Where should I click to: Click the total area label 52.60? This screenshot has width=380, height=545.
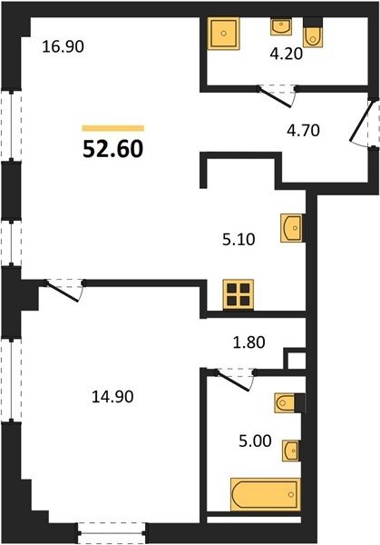pos(113,150)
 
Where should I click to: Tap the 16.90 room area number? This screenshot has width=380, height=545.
pos(63,46)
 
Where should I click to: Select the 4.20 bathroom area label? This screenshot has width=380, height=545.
pos(287,54)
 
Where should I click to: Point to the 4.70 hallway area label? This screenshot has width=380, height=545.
pos(303,131)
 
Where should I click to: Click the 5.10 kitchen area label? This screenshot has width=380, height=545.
pos(239,240)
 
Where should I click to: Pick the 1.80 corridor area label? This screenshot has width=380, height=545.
pos(248,342)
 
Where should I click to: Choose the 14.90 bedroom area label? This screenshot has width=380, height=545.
pos(112,397)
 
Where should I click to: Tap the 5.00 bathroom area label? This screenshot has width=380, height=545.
pos(255,441)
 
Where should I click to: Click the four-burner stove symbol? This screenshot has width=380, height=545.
pos(239,294)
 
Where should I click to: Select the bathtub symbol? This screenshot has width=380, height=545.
pos(266,495)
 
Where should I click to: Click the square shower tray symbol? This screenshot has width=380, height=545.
pos(224,34)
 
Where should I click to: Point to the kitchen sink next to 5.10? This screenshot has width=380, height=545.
pos(292,228)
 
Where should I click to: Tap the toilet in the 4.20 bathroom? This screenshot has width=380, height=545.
pos(313,33)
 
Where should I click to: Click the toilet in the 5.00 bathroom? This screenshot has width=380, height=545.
pos(290,403)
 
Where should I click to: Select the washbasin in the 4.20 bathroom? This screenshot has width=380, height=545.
pos(281,26)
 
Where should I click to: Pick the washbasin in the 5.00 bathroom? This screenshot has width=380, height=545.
pos(291,451)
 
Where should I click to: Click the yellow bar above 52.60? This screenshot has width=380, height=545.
pos(113,128)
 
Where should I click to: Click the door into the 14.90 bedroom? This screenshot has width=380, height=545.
pos(64,290)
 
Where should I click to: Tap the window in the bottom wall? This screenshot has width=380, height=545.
pos(112,532)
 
